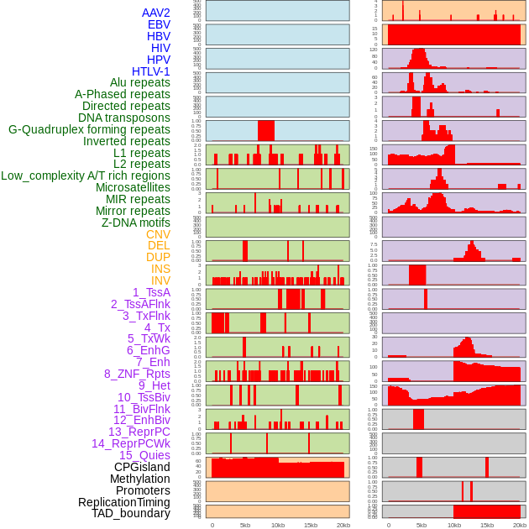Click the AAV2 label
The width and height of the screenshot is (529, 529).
(x=156, y=13)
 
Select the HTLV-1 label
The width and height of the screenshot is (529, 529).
(x=151, y=71)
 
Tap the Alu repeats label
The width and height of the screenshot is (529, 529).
(x=140, y=82)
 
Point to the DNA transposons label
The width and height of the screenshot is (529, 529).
(x=124, y=118)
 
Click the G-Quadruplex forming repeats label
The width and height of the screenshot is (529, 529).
(x=89, y=129)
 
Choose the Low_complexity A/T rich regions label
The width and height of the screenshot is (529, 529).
(x=86, y=175)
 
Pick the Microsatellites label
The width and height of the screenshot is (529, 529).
(x=133, y=187)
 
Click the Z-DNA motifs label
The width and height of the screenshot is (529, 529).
(x=136, y=223)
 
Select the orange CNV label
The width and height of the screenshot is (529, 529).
(x=158, y=234)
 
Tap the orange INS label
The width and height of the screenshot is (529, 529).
(x=160, y=269)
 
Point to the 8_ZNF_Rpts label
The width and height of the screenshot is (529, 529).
(x=137, y=374)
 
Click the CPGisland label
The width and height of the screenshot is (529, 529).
(x=142, y=467)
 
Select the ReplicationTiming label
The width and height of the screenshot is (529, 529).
(x=123, y=502)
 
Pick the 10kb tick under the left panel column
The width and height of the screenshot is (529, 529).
(x=278, y=525)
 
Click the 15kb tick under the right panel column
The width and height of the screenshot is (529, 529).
(x=487, y=525)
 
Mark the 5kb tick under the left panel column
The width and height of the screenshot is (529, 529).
(x=245, y=525)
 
